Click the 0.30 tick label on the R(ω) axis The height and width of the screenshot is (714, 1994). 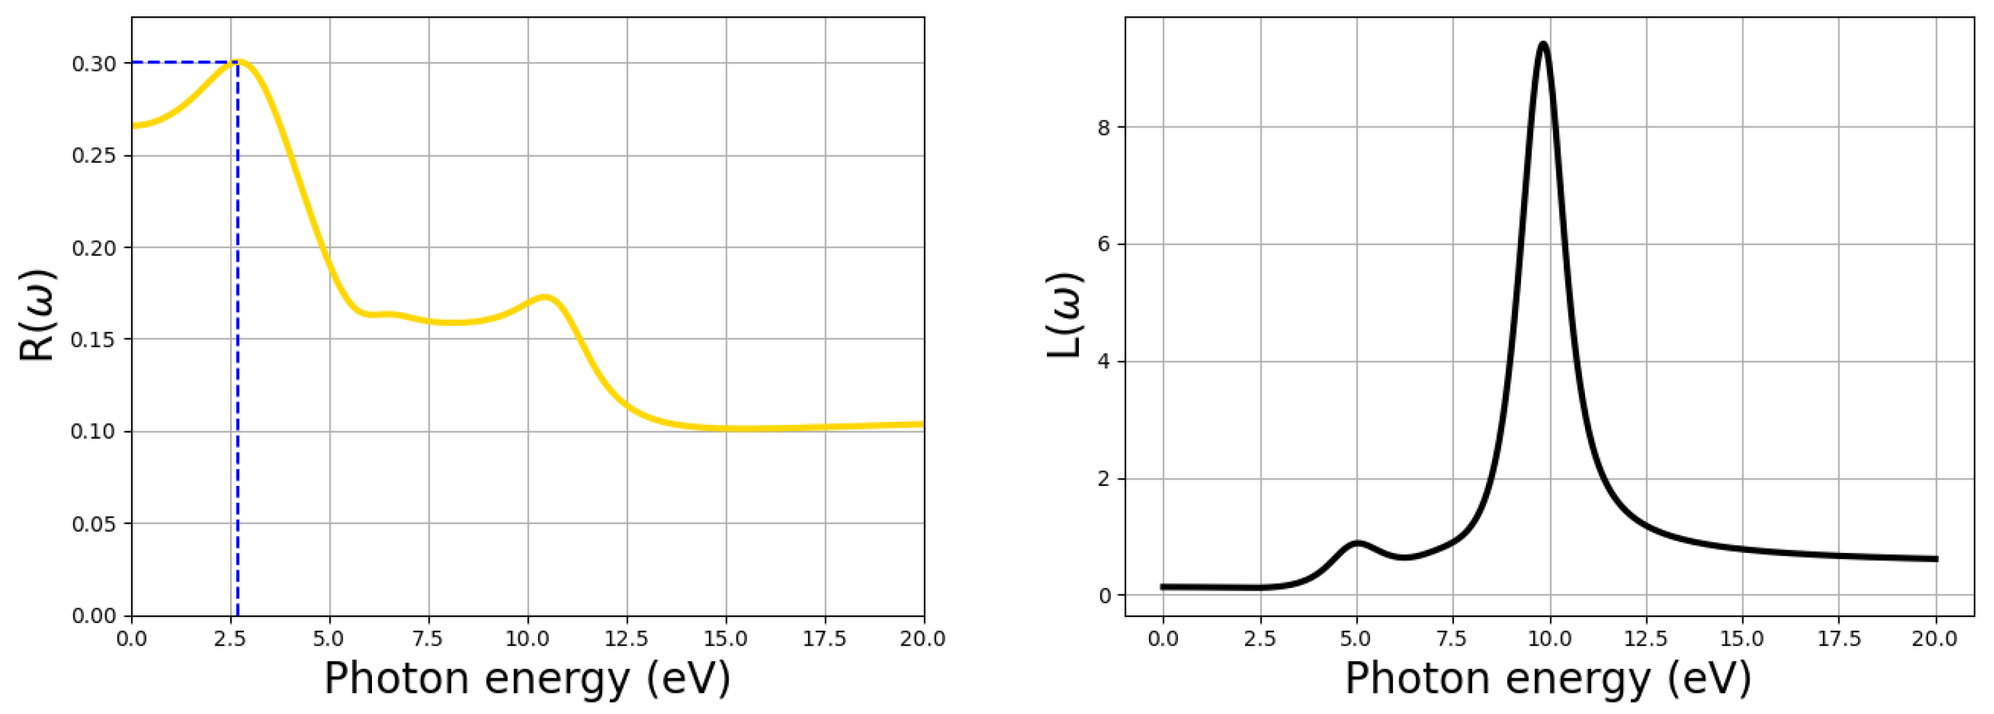point(93,64)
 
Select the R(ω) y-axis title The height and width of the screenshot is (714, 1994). point(37,315)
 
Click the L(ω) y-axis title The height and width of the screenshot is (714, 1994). point(1065,315)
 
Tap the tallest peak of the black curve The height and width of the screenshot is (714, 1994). point(1543,44)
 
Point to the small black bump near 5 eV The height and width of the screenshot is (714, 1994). point(1357,543)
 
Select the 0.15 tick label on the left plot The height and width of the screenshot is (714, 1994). point(93,340)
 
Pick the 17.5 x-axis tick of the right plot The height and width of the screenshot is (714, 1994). point(1838,639)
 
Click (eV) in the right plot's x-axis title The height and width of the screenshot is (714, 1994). point(1709,679)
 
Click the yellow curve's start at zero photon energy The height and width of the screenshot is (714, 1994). point(134,125)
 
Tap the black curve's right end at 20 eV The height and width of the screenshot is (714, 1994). point(1935,559)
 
